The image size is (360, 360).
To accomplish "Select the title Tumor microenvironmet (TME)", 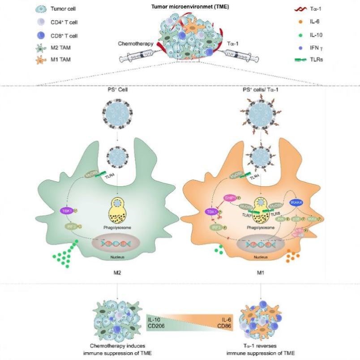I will tap(179, 5).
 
